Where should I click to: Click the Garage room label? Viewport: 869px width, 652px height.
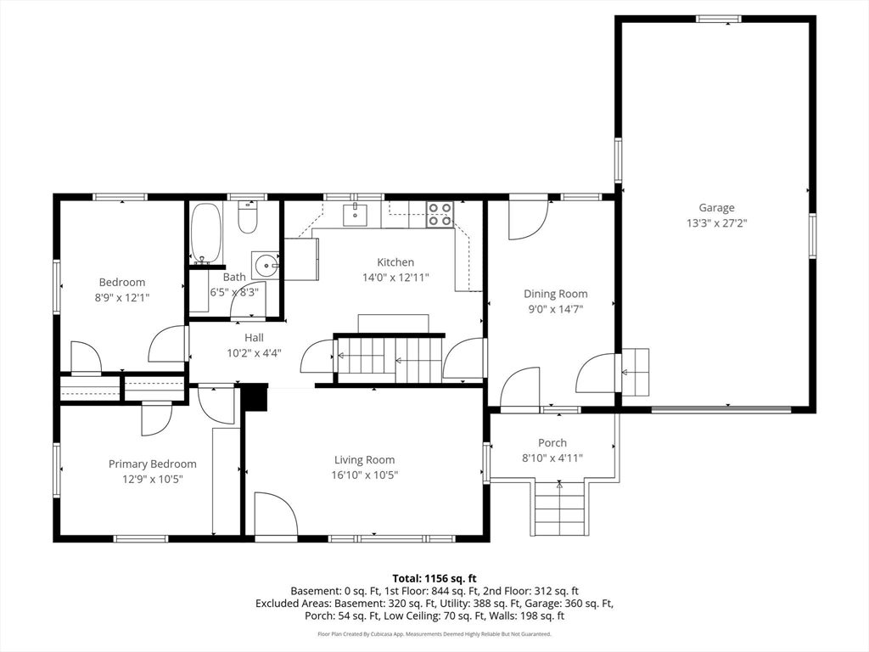pyautogui.click(x=716, y=208)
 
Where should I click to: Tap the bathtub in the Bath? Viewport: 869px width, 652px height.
pyautogui.click(x=206, y=233)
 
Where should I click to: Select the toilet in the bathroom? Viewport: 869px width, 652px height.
pyautogui.click(x=247, y=216)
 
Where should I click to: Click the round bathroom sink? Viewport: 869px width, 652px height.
pyautogui.click(x=266, y=266)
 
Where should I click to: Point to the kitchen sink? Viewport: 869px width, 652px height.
pyautogui.click(x=355, y=215)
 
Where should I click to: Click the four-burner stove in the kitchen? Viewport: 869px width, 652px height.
pyautogui.click(x=440, y=215)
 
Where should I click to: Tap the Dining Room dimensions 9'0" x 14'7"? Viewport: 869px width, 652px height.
pyautogui.click(x=555, y=309)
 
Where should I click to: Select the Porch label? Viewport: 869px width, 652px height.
pyautogui.click(x=552, y=443)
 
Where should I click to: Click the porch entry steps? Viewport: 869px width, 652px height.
pyautogui.click(x=559, y=509)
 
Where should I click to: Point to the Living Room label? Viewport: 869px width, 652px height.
pyautogui.click(x=365, y=459)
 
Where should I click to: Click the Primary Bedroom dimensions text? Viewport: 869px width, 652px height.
pyautogui.click(x=153, y=479)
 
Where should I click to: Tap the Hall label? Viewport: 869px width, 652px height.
pyautogui.click(x=255, y=338)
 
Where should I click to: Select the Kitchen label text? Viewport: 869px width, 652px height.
pyautogui.click(x=395, y=262)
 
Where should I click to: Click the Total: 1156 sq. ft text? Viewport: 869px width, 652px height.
pyautogui.click(x=434, y=579)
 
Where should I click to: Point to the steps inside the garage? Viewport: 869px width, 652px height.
pyautogui.click(x=635, y=372)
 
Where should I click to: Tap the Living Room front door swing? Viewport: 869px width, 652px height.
pyautogui.click(x=276, y=514)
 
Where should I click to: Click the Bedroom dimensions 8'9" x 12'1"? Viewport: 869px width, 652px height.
pyautogui.click(x=122, y=298)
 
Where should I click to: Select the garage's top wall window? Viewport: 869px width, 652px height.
pyautogui.click(x=719, y=19)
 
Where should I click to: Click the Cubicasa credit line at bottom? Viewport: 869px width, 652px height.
pyautogui.click(x=434, y=633)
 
